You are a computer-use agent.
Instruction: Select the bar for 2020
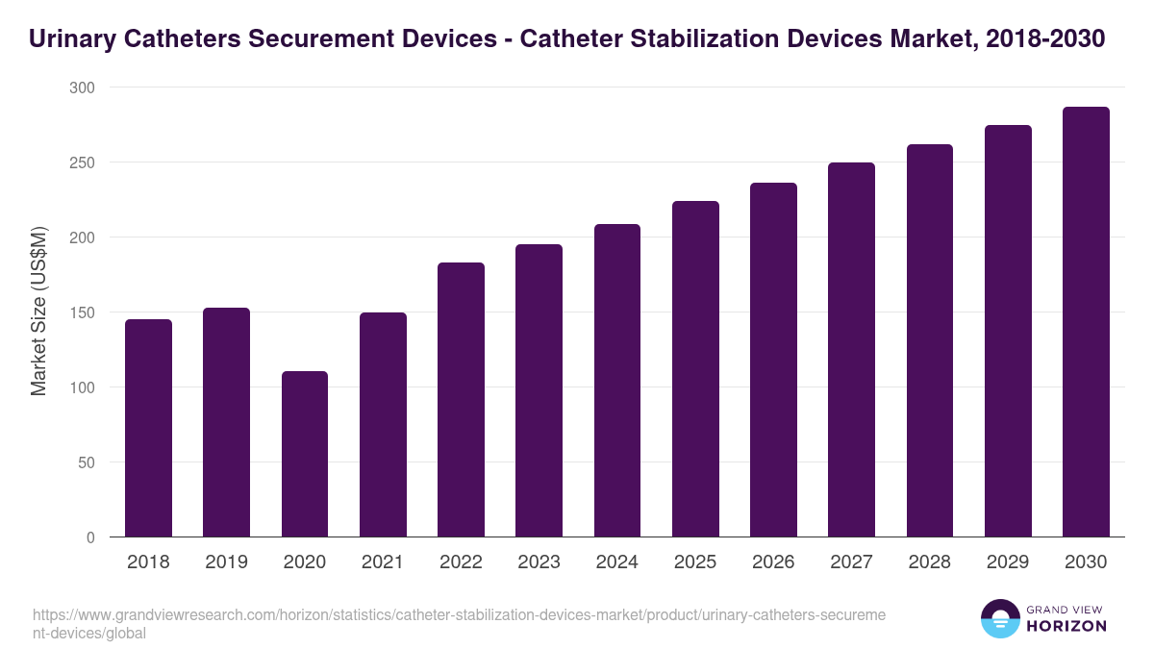pos(305,454)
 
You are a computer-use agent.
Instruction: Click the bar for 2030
pos(1086,322)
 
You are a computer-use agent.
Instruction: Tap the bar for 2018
pos(148,428)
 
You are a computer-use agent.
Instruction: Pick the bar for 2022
pos(461,399)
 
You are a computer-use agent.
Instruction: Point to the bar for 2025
pos(695,368)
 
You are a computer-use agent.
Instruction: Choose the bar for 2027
pos(851,349)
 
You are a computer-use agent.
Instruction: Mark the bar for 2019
pos(226,422)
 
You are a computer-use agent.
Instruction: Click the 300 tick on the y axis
pos(83,87)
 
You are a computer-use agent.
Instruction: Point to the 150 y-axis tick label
pos(83,312)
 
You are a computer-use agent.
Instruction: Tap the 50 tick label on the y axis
pos(87,462)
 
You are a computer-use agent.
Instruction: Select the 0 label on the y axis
pos(90,537)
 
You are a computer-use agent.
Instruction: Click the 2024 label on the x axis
pos(616,562)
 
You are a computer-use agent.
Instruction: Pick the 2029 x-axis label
pos(1008,562)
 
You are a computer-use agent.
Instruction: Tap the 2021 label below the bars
pos(383,562)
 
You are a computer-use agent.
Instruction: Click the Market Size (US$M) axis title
pos(38,312)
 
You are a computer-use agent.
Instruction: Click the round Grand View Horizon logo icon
pos(1000,619)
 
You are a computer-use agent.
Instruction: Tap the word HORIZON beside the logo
pos(1067,626)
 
